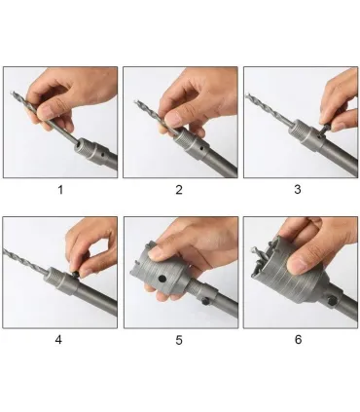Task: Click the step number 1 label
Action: click(x=60, y=190)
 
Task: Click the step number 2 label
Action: click(x=179, y=190)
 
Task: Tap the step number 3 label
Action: click(x=298, y=190)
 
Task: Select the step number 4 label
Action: click(x=58, y=340)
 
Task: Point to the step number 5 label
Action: click(x=179, y=340)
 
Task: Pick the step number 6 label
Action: click(x=298, y=340)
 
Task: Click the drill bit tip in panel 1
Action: click(x=12, y=93)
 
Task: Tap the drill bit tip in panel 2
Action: click(x=136, y=102)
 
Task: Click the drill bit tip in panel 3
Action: click(x=248, y=94)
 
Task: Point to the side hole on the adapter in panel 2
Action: click(x=202, y=148)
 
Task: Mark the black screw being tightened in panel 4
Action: click(x=76, y=275)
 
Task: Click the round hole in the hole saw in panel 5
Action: click(x=162, y=279)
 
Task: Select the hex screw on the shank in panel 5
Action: click(x=205, y=301)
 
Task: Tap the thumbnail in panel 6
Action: click(x=301, y=264)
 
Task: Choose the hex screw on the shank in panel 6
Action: click(x=332, y=301)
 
